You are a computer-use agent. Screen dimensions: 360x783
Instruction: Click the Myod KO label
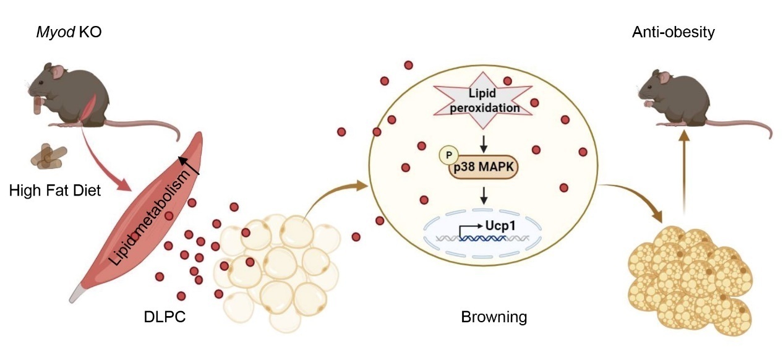pyautogui.click(x=68, y=33)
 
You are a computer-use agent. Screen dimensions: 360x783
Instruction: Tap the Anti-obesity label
pyautogui.click(x=673, y=33)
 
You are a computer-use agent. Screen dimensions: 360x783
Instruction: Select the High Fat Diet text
pyautogui.click(x=55, y=191)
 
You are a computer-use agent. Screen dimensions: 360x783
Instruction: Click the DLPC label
pyautogui.click(x=164, y=318)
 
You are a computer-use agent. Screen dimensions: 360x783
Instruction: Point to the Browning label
pyautogui.click(x=494, y=318)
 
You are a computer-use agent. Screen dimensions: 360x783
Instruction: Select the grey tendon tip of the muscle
pyautogui.click(x=77, y=293)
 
